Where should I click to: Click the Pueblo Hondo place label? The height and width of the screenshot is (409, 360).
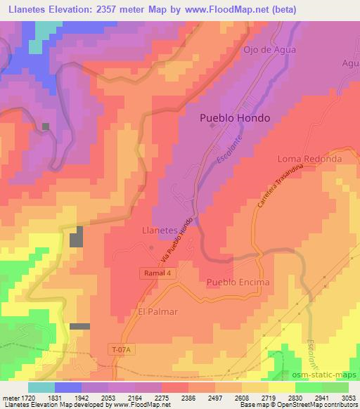234,118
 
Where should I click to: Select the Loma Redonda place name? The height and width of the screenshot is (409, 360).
309,159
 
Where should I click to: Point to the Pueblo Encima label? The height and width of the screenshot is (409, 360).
238,283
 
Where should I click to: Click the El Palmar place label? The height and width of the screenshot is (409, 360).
157,311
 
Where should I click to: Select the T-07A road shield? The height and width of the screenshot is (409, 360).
124,349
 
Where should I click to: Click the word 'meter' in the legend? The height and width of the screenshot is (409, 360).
11,397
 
